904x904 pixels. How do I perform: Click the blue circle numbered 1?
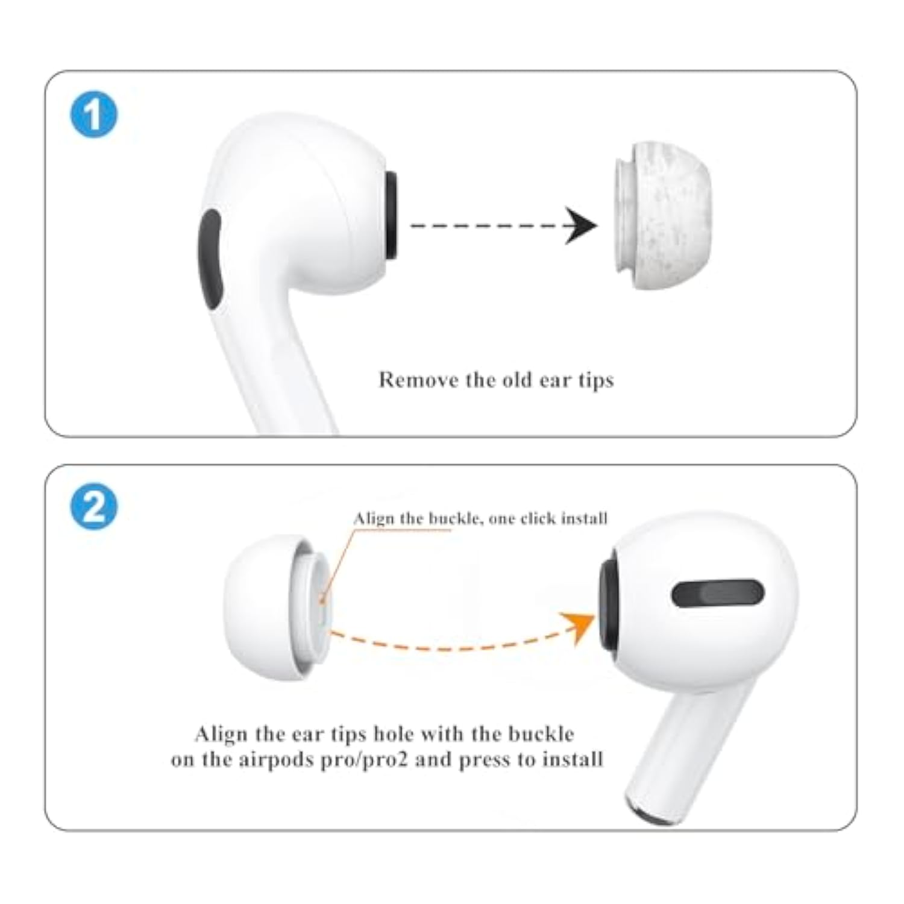click(94, 115)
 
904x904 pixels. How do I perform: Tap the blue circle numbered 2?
click(94, 507)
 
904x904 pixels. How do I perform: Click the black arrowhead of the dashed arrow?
click(580, 225)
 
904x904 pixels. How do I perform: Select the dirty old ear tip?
click(662, 215)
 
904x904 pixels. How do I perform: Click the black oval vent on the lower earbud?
click(718, 594)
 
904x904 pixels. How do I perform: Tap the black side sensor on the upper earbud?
click(210, 259)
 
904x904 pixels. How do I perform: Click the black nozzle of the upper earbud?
click(391, 216)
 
